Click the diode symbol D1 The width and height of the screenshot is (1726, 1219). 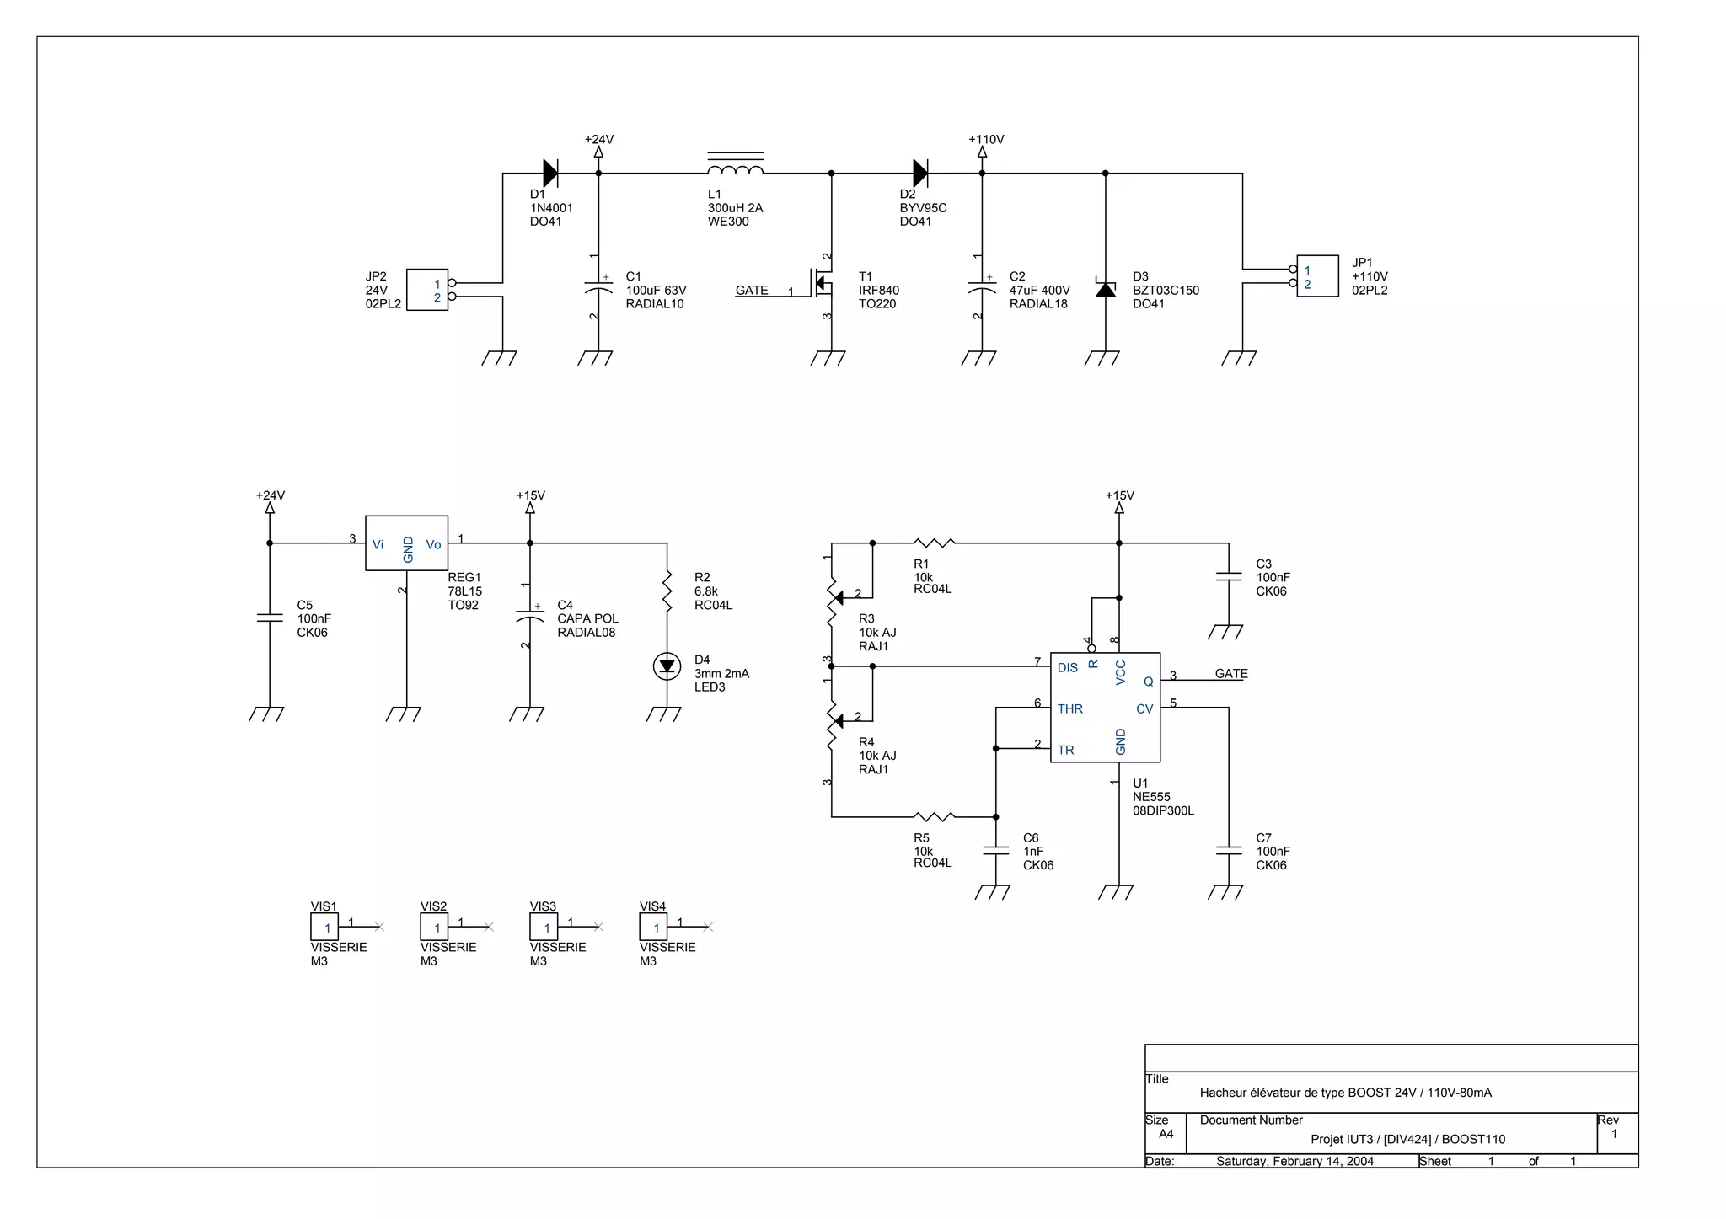[x=549, y=173]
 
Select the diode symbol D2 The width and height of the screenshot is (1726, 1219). [x=920, y=173]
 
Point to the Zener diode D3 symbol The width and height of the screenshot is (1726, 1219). [x=1105, y=289]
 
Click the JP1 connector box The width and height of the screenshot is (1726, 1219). [x=1316, y=276]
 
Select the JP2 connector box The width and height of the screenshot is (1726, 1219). [x=427, y=290]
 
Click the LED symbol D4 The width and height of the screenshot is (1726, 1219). [x=667, y=666]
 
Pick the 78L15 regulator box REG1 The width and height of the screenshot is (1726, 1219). [x=406, y=543]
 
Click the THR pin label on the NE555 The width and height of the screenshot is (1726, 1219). [x=1069, y=708]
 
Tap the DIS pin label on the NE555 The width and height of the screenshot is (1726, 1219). [x=1067, y=667]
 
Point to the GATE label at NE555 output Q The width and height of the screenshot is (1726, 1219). [x=1230, y=673]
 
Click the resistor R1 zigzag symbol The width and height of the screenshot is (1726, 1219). [x=934, y=543]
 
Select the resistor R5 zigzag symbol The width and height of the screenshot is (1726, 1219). [x=934, y=816]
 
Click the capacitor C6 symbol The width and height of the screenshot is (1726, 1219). [x=995, y=851]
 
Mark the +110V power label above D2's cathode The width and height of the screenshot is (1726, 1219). [x=985, y=140]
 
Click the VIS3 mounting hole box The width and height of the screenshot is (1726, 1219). [x=544, y=928]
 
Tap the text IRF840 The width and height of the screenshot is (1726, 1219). [x=878, y=290]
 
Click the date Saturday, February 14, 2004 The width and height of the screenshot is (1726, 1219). [x=1294, y=1161]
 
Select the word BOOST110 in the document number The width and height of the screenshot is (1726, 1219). [x=1473, y=1139]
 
